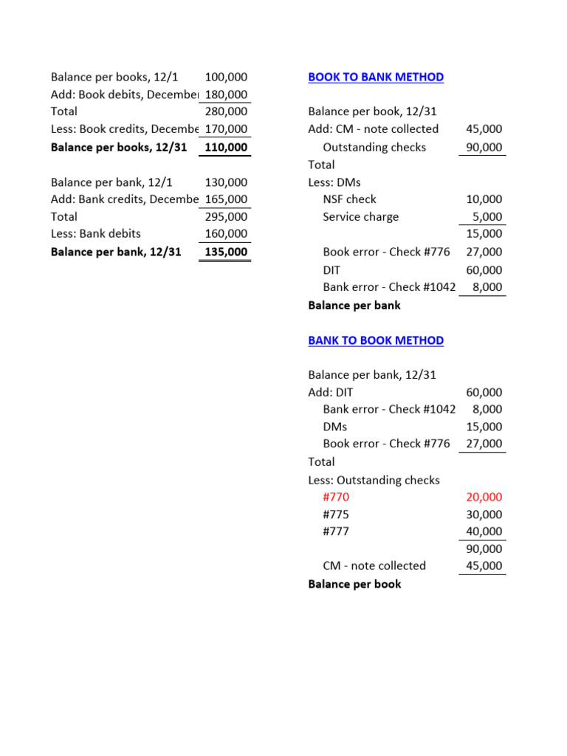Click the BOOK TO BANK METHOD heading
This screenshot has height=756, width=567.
coord(376,77)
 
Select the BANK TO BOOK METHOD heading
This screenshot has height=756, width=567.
coord(376,340)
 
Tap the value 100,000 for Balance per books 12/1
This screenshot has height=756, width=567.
coord(226,77)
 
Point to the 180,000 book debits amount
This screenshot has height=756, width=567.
coord(226,94)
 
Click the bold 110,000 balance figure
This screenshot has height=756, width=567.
coord(226,147)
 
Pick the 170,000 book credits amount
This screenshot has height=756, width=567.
coord(226,129)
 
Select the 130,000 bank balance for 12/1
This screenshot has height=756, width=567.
coord(226,182)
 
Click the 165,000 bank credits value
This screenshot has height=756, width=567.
coord(226,199)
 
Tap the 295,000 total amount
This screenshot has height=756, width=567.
coord(226,216)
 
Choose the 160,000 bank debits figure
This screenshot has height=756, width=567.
coord(226,234)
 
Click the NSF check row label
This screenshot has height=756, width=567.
coord(349,199)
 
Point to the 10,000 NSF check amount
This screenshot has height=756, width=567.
coord(484,199)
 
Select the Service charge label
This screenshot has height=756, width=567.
coord(360,216)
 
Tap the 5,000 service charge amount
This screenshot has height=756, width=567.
coord(487,217)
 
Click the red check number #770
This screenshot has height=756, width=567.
coord(336,497)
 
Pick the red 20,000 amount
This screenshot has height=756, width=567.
coord(484,497)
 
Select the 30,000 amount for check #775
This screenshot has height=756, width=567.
coord(484,515)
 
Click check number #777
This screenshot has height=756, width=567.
coord(336,532)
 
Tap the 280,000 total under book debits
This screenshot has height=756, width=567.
coord(226,111)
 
